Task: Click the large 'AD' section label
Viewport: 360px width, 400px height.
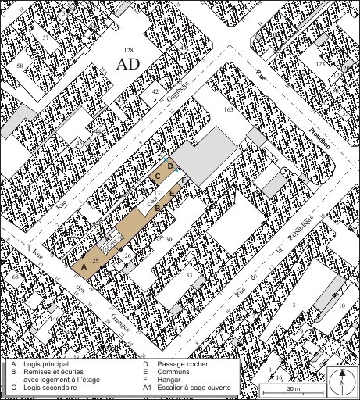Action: click(x=128, y=65)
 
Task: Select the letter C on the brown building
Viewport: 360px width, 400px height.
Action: click(x=158, y=177)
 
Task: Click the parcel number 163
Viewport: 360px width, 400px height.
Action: click(x=228, y=112)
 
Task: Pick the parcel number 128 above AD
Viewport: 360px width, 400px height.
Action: click(x=129, y=50)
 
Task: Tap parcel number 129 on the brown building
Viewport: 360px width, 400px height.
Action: click(x=94, y=259)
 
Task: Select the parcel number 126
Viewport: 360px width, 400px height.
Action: click(x=126, y=255)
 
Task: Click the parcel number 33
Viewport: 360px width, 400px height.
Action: click(x=189, y=274)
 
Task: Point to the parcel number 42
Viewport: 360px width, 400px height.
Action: click(x=155, y=91)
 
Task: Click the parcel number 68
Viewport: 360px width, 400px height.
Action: click(x=15, y=277)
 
